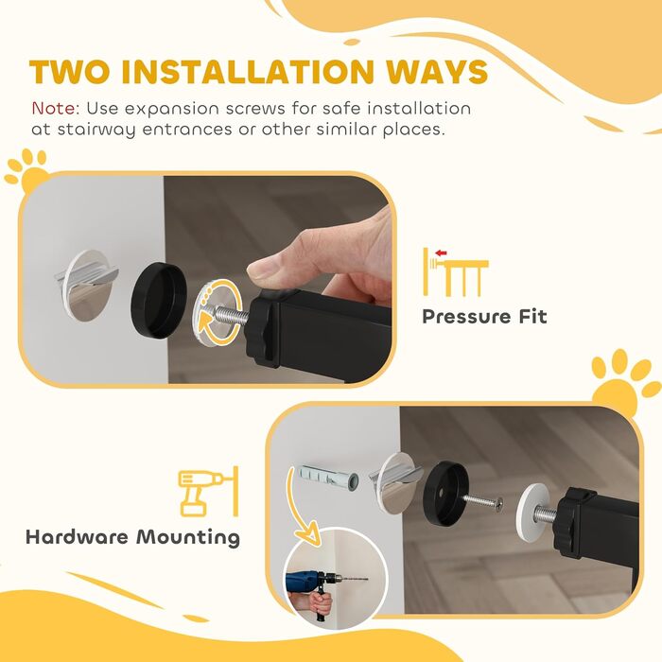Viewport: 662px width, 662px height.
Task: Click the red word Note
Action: click(54, 109)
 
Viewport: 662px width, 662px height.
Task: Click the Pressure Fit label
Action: click(484, 317)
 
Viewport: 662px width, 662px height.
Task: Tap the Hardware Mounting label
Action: click(133, 537)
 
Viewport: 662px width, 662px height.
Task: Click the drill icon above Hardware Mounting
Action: click(209, 492)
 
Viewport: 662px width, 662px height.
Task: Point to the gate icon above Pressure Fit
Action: click(456, 271)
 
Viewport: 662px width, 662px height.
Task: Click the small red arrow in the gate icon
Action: click(441, 253)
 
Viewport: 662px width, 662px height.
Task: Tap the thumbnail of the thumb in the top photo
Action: click(262, 268)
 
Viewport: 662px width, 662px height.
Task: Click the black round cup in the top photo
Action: click(159, 300)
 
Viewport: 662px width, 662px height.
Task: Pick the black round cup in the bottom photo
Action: click(444, 493)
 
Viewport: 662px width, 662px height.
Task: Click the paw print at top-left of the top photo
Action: click(26, 169)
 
